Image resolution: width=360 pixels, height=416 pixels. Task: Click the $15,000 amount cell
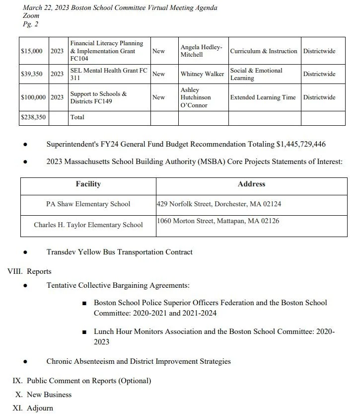click(32, 51)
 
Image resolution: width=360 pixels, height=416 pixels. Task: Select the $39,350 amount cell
click(32, 74)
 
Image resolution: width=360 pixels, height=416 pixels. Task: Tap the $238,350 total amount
click(32, 117)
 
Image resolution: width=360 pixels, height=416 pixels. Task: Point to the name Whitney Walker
click(202, 74)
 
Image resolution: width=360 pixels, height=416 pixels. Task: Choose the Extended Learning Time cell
click(263, 97)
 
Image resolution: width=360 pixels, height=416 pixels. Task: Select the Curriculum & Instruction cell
click(264, 51)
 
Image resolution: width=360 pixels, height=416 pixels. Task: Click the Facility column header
click(88, 184)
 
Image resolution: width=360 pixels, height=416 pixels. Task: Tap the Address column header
click(251, 184)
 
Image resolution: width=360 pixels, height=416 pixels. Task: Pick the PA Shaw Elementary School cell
click(88, 204)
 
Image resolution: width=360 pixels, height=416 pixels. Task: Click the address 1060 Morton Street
click(217, 221)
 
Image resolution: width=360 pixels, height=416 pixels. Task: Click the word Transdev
click(61, 252)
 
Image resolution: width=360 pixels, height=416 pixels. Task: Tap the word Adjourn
click(40, 408)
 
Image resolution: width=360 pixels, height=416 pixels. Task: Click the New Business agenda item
click(49, 395)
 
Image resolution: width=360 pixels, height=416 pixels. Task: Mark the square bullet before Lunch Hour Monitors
click(84, 332)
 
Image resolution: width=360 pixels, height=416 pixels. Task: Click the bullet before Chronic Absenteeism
click(25, 362)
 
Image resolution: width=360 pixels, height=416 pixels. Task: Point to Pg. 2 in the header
click(31, 24)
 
